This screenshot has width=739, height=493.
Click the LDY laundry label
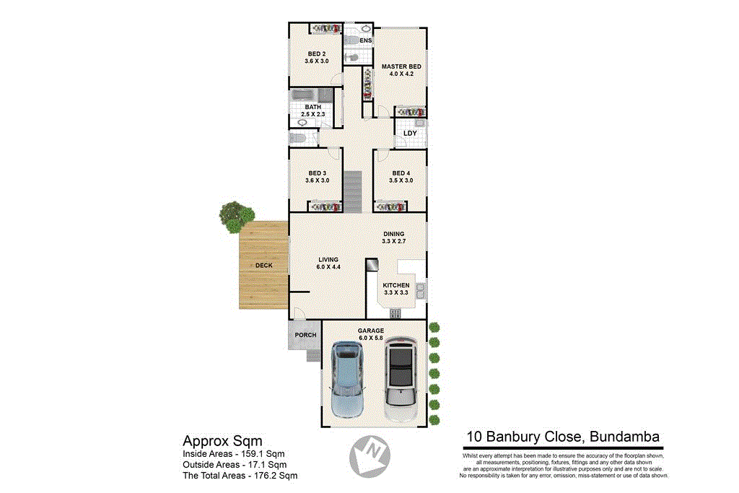click(x=410, y=134)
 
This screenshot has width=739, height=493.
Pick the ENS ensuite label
click(x=365, y=40)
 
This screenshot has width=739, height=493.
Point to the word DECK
click(x=264, y=266)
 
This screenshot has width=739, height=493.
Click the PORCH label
click(x=305, y=335)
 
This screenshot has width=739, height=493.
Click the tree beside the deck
click(x=237, y=216)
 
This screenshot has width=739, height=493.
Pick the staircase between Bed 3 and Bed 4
click(x=351, y=191)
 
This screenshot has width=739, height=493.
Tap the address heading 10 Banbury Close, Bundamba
click(x=562, y=436)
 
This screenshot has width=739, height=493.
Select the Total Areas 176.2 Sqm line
click(x=240, y=476)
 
